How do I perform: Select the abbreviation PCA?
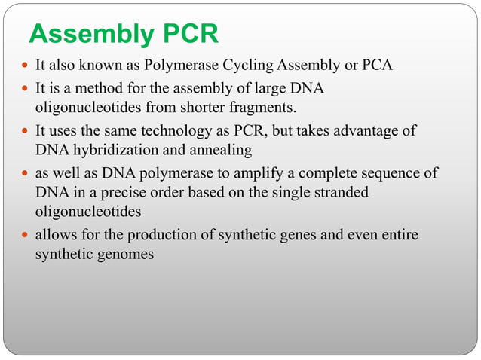[x=378, y=66]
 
